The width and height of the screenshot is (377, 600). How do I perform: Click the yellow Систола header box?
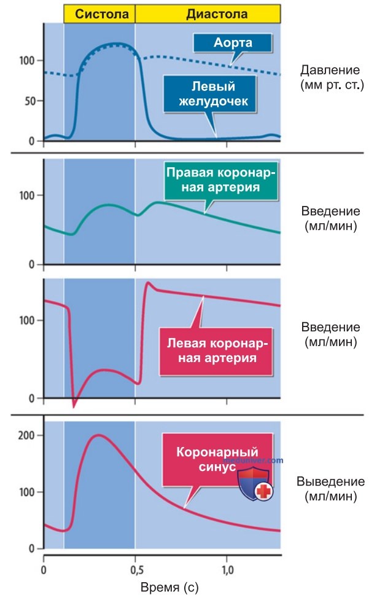tap(99, 14)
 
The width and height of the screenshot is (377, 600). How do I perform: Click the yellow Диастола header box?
tap(208, 14)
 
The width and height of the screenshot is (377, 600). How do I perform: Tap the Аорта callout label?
tap(233, 42)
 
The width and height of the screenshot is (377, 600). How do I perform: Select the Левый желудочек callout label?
tap(209, 93)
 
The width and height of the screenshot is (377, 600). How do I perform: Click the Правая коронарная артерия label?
tap(220, 180)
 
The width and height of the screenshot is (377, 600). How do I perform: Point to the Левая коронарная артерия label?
tap(216, 351)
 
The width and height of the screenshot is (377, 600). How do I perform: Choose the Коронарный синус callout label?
tap(217, 459)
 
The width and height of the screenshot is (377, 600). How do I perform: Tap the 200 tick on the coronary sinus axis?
tap(27, 435)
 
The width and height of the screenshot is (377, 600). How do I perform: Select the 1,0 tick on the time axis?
tap(227, 570)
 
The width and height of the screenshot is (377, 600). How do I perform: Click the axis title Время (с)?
tap(169, 587)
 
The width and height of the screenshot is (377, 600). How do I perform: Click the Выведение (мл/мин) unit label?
tap(331, 489)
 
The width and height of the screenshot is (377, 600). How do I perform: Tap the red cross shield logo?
tap(255, 485)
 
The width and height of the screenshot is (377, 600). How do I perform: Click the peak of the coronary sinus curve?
tap(99, 435)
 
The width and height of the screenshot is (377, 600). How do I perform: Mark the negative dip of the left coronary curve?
tap(74, 406)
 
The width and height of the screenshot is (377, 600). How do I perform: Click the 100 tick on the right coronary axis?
tap(27, 195)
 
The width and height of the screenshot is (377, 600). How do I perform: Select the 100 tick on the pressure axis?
tap(27, 60)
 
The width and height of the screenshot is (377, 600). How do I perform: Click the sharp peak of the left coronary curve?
tap(149, 283)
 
